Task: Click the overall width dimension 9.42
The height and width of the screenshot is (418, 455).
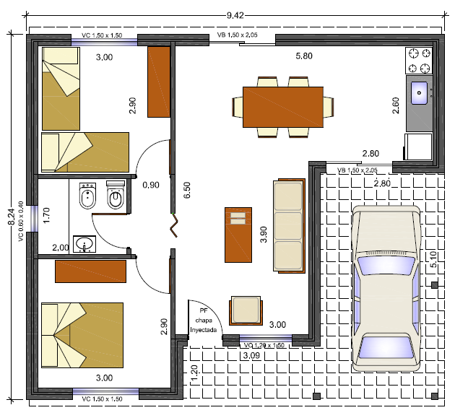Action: pyautogui.click(x=235, y=15)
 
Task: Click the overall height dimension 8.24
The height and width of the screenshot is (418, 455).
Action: pyautogui.click(x=12, y=217)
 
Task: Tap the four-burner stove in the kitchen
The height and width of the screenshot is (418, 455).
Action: pyautogui.click(x=419, y=61)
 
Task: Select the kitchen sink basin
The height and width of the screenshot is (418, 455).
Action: pyautogui.click(x=419, y=93)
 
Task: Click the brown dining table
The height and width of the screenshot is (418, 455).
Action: pyautogui.click(x=283, y=107)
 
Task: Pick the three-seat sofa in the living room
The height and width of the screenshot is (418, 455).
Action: pyautogui.click(x=289, y=226)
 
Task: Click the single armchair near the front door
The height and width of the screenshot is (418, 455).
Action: pyautogui.click(x=246, y=310)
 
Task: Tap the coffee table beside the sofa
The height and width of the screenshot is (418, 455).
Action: pyautogui.click(x=238, y=235)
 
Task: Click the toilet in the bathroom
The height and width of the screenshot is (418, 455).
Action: pyautogui.click(x=116, y=195)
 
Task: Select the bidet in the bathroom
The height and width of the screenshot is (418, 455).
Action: pyautogui.click(x=87, y=196)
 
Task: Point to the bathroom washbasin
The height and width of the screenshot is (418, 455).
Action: pyautogui.click(x=84, y=244)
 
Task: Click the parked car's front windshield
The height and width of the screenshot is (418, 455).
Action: pyautogui.click(x=386, y=265)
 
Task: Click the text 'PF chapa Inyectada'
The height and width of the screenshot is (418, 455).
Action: pyautogui.click(x=204, y=321)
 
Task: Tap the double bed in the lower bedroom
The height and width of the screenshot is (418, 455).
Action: pyautogui.click(x=82, y=335)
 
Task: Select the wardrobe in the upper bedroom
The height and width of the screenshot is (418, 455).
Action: pyautogui.click(x=159, y=82)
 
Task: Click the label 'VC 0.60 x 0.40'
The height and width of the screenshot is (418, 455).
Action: pyautogui.click(x=21, y=222)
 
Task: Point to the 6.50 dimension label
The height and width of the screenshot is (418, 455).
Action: pyautogui.click(x=187, y=190)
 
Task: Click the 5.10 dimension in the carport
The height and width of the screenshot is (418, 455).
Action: pyautogui.click(x=433, y=259)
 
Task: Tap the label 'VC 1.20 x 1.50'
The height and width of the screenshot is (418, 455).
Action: pyautogui.click(x=264, y=346)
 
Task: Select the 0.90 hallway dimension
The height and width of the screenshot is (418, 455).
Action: pyautogui.click(x=151, y=185)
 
